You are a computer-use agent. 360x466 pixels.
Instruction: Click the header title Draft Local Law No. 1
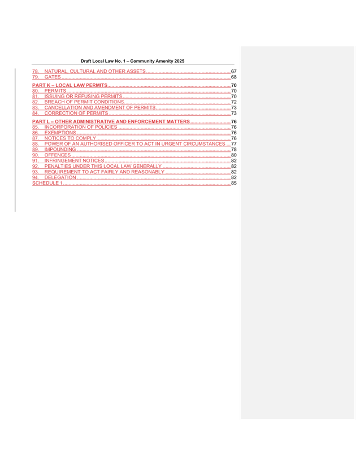click(x=133, y=61)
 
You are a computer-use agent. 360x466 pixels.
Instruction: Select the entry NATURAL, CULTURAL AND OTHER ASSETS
click(x=95, y=71)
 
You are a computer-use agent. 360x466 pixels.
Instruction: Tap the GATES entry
click(x=53, y=77)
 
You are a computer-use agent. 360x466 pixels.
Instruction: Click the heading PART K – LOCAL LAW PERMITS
click(x=70, y=85)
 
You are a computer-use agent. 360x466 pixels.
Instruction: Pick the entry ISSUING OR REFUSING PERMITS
click(x=83, y=96)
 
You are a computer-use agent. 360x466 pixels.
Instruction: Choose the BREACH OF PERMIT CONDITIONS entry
click(x=84, y=102)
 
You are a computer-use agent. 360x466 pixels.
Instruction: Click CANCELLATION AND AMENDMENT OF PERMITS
click(x=100, y=107)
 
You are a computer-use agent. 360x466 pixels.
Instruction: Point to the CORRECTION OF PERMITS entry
click(x=76, y=113)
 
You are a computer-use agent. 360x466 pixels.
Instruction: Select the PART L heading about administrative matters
click(x=111, y=121)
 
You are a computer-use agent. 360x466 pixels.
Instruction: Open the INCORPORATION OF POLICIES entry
click(x=81, y=127)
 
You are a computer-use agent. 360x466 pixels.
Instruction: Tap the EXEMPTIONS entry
click(x=60, y=133)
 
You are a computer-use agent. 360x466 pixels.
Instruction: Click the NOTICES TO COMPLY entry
click(x=70, y=138)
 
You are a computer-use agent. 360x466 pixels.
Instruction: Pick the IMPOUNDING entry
click(x=60, y=150)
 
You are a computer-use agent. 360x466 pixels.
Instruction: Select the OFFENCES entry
click(x=58, y=155)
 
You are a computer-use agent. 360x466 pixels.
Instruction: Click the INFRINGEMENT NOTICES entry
click(x=75, y=161)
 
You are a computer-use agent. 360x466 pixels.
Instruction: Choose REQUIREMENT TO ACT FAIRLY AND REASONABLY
click(x=105, y=172)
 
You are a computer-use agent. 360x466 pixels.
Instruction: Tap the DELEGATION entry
click(x=60, y=177)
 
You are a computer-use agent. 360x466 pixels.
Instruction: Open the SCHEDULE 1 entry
click(x=47, y=183)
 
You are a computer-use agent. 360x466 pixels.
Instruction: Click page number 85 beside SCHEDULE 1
click(x=234, y=183)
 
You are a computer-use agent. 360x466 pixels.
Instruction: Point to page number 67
click(x=234, y=71)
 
